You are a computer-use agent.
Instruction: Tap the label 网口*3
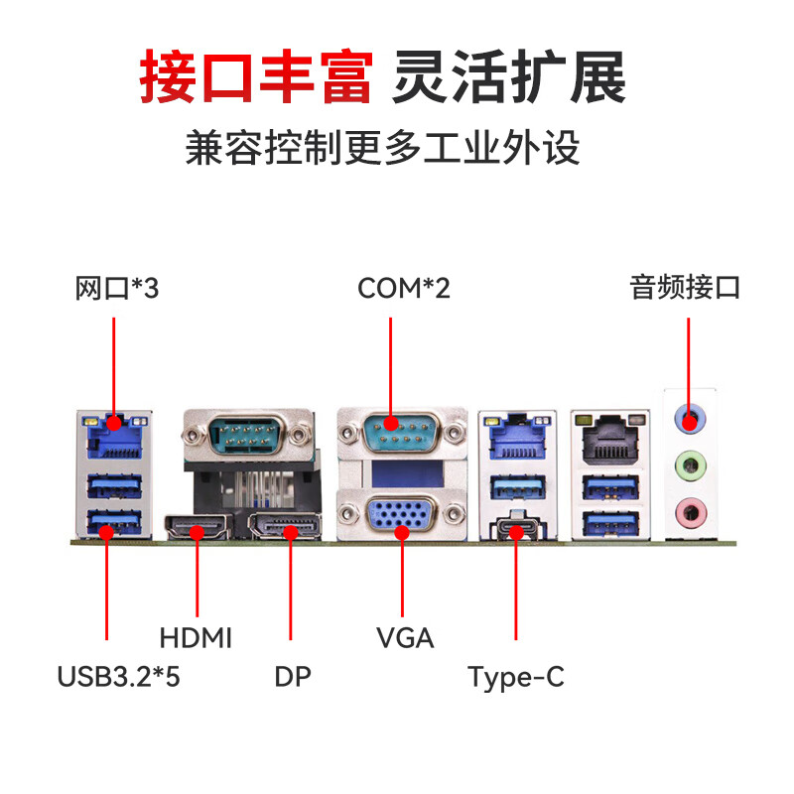pos(117,289)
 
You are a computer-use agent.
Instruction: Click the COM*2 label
pos(404,289)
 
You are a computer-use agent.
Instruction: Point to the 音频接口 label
pos(685,289)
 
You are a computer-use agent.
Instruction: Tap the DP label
pos(293,678)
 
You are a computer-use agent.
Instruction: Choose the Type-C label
pos(516,678)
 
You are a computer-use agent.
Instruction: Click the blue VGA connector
pos(402,517)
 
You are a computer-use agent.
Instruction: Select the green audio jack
pos(688,463)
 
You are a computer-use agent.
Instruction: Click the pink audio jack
pos(688,511)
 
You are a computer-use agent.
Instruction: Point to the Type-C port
pos(517,528)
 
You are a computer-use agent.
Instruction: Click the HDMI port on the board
pos(198,529)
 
